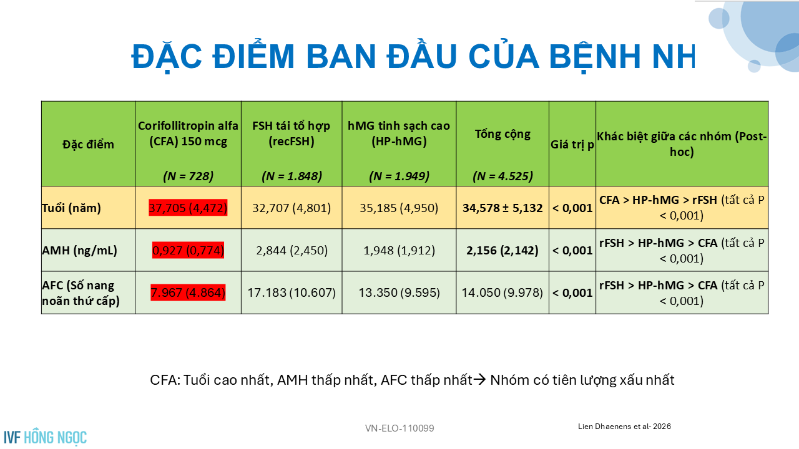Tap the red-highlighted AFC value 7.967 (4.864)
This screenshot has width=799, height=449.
[188, 292]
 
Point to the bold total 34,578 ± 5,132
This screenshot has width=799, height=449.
[502, 208]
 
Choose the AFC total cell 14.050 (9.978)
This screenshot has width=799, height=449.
[502, 292]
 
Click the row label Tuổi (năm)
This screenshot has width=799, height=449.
[71, 208]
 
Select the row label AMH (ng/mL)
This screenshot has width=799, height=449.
[79, 251]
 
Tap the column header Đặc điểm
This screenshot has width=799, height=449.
[88, 144]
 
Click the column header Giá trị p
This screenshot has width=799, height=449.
[572, 145]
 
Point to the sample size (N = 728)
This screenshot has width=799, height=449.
[188, 176]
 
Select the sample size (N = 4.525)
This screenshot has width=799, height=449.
[502, 176]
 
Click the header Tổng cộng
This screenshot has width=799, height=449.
[502, 134]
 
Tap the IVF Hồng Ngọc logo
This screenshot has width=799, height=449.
[46, 437]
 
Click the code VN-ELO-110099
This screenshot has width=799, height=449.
[399, 428]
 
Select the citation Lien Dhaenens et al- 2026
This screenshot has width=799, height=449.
[624, 427]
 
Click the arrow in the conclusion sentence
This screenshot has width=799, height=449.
[480, 380]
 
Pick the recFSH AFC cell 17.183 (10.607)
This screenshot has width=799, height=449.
[292, 292]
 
